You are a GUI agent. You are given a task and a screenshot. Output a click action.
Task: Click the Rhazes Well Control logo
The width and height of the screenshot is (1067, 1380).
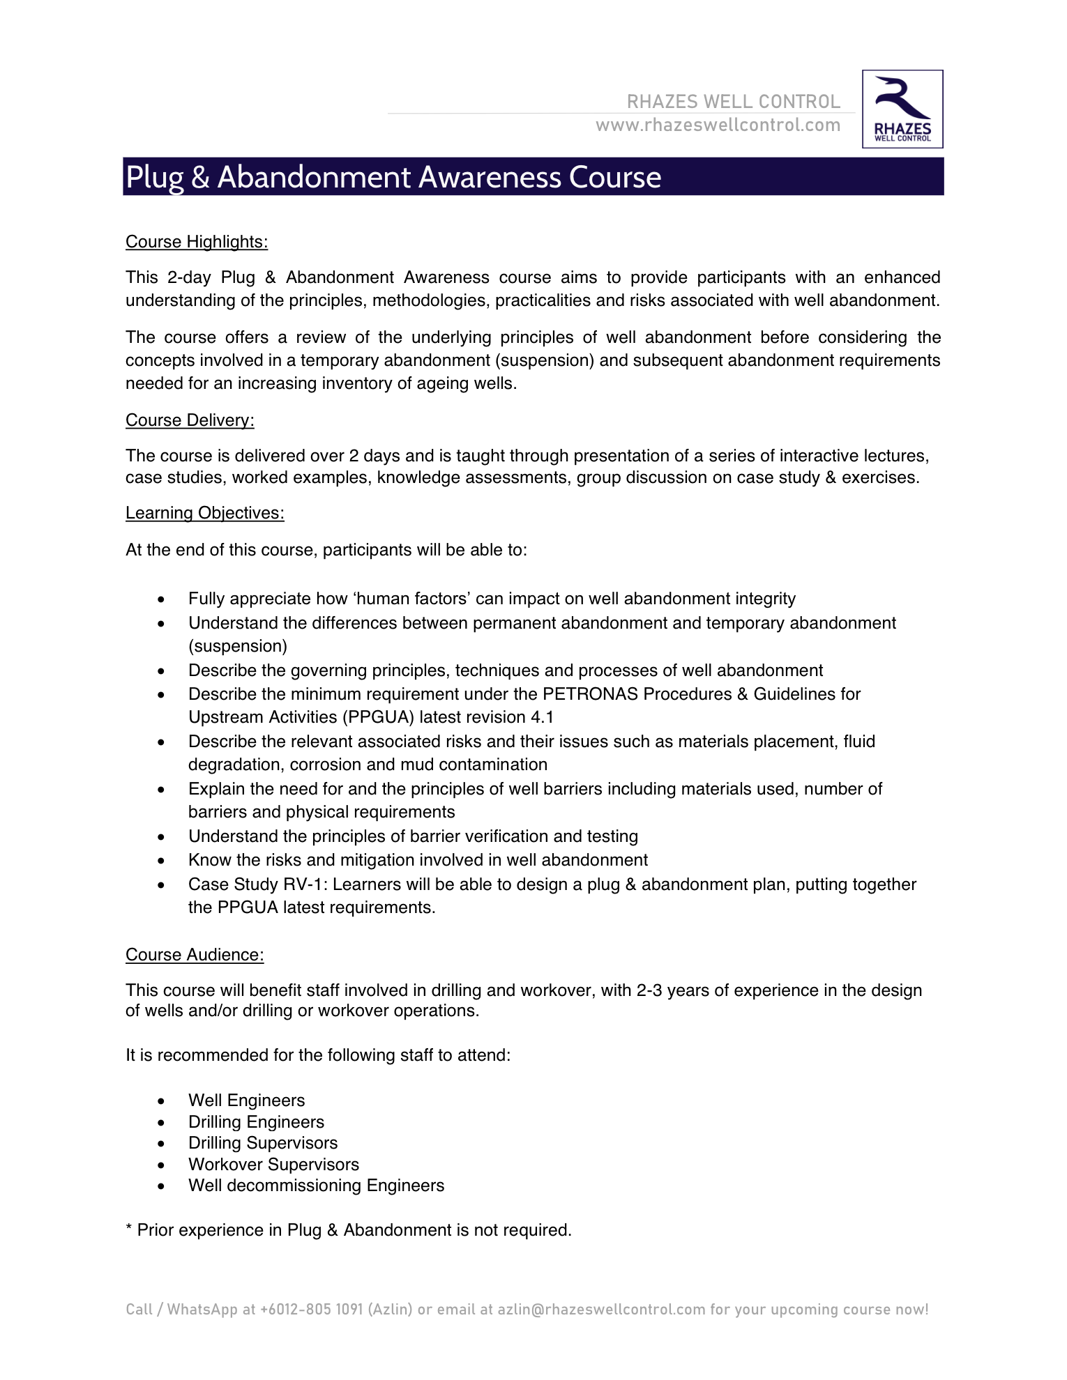tap(902, 109)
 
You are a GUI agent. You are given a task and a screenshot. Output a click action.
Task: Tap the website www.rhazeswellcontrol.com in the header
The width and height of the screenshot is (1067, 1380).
tap(718, 125)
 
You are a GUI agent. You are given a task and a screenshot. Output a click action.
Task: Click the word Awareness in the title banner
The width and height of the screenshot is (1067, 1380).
tap(490, 177)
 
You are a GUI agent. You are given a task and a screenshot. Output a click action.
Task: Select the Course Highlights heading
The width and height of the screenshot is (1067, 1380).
tap(197, 242)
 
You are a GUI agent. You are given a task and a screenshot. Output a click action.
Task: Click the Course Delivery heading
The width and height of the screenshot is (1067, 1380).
tap(190, 420)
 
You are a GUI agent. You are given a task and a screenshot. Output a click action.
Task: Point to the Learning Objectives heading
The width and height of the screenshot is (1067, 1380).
tap(205, 513)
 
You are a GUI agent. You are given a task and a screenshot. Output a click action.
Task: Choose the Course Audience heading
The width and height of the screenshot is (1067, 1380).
tap(195, 955)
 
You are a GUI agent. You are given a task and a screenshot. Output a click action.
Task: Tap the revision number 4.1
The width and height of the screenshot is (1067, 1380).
tap(542, 717)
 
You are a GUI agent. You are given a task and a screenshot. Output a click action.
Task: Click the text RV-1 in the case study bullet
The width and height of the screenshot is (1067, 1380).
tap(306, 884)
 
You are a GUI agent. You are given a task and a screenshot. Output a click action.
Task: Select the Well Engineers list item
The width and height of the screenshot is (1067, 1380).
tap(247, 1101)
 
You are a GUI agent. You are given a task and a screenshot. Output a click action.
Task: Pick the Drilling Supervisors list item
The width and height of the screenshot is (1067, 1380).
tap(263, 1143)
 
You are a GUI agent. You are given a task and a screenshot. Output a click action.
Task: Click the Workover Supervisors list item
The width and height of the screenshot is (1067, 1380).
tap(273, 1165)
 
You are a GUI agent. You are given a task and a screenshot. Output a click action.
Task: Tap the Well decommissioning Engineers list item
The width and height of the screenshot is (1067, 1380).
tap(316, 1186)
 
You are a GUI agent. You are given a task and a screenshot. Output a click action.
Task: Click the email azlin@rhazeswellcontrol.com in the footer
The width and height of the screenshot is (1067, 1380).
tap(601, 1310)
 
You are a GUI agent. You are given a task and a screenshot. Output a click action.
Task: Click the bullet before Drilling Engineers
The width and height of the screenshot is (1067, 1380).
tap(161, 1123)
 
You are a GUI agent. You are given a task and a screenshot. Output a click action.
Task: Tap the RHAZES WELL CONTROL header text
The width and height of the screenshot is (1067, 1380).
tap(734, 102)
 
